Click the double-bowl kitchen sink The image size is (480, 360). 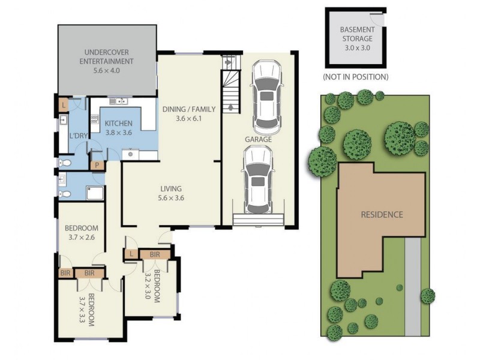[116, 101]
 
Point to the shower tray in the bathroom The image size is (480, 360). [95, 193]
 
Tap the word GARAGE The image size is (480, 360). [258, 139]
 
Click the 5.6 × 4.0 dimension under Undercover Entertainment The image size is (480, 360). [109, 70]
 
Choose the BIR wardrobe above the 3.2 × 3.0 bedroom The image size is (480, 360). [155, 255]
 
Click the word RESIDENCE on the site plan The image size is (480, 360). [382, 214]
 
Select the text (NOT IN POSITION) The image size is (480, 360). [355, 77]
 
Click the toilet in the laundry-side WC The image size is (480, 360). [66, 163]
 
